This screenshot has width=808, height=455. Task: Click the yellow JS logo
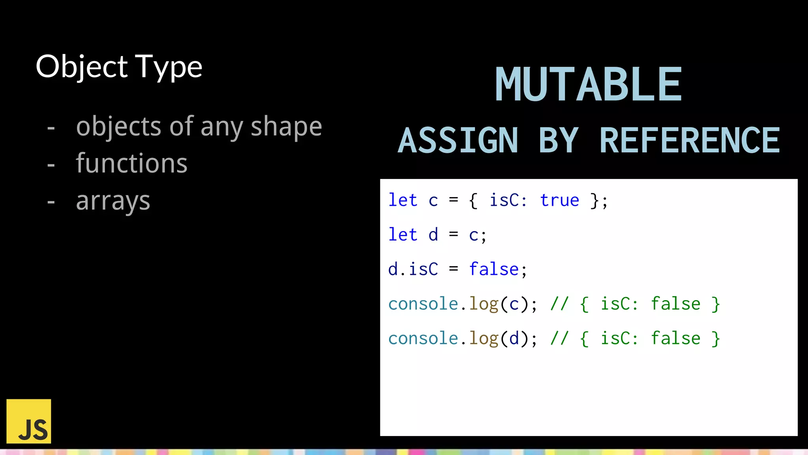pos(29,421)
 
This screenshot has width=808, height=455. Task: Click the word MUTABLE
pos(588,85)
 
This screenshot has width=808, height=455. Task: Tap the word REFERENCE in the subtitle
pos(690,141)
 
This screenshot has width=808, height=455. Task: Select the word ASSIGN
pos(458,141)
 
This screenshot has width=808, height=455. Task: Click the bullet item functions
pos(131,164)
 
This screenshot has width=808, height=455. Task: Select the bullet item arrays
pos(113,201)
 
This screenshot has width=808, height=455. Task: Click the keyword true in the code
pos(559,200)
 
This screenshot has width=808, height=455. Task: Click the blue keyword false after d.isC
pos(494,269)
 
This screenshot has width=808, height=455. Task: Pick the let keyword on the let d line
pos(402,235)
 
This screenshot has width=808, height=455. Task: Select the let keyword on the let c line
pos(402,200)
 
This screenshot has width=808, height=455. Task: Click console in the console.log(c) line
pos(423,304)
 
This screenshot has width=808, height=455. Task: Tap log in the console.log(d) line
pos(484,339)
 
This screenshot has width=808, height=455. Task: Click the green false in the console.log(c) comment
pos(675,304)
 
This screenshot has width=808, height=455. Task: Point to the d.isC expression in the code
pos(413,269)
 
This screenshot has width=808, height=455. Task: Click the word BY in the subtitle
pos(559,141)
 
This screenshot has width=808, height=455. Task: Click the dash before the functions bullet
pos(51,164)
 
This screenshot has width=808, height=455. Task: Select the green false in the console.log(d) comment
pos(675,338)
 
